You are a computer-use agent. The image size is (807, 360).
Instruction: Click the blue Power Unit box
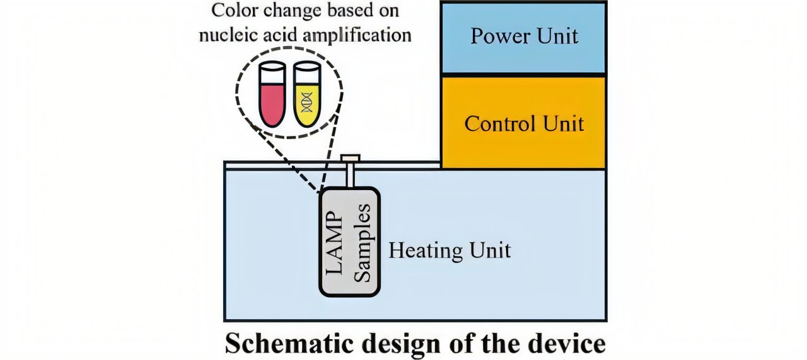(x=523, y=38)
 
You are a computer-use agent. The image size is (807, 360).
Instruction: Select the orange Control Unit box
(x=523, y=123)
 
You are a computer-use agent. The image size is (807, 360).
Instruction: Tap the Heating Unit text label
(x=449, y=251)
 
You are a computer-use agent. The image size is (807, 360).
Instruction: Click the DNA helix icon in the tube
(x=307, y=101)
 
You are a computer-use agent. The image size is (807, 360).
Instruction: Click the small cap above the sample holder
(x=350, y=158)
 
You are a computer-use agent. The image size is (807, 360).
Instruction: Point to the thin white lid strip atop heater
(x=284, y=165)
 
